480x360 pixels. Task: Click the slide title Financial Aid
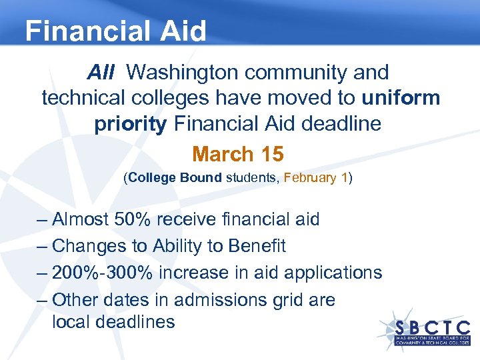pos(115,31)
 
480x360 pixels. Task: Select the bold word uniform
pos(401,98)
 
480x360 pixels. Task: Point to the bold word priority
pos(130,125)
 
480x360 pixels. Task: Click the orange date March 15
pos(238,154)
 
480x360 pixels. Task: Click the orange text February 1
pos(316,179)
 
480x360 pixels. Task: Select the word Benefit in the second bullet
pos(257,246)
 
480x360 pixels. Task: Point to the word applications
pos(333,273)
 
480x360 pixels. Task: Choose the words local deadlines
pos(113,323)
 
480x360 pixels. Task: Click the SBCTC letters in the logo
pos(432,327)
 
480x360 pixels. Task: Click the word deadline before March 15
pos(341,125)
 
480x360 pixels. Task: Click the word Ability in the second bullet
pos(179,246)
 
